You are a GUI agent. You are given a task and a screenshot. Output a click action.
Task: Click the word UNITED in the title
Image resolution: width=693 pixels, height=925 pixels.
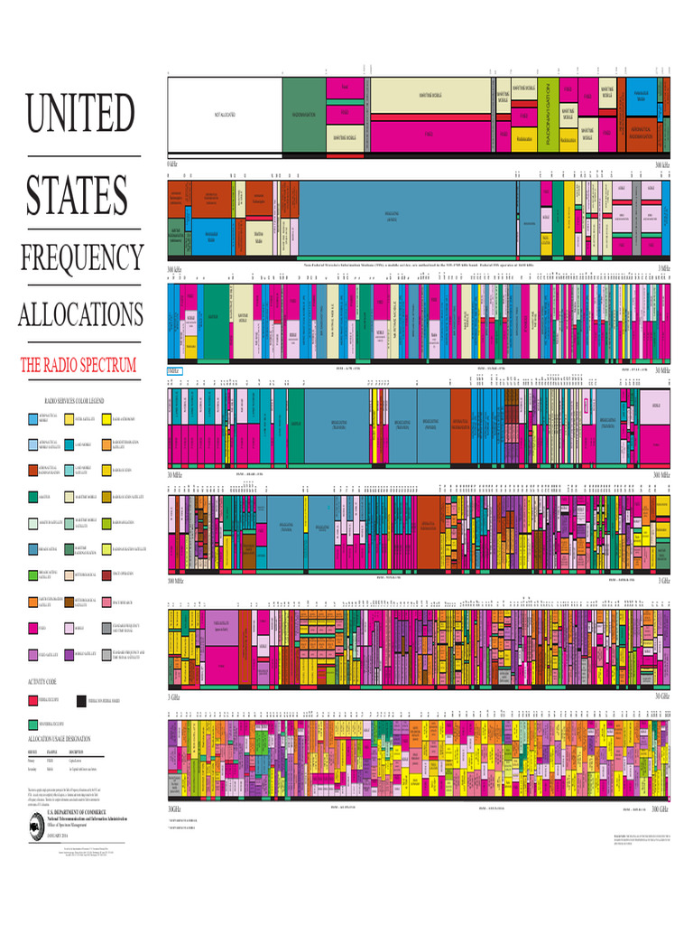tap(79, 114)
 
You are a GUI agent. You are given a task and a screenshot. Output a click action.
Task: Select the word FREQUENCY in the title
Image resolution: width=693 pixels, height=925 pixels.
tap(81, 257)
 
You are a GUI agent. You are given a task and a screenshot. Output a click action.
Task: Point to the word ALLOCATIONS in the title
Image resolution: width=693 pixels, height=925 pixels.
tap(80, 315)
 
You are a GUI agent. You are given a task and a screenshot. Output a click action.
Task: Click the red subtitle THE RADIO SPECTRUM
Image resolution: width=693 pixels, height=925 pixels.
tap(79, 366)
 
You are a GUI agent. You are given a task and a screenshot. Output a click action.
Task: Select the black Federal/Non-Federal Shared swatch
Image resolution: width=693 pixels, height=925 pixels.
tap(80, 700)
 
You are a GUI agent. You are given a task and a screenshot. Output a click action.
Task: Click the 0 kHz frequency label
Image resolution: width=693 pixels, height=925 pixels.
tap(172, 165)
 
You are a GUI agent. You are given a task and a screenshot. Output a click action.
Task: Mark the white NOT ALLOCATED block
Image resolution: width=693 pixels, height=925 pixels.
tap(224, 115)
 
